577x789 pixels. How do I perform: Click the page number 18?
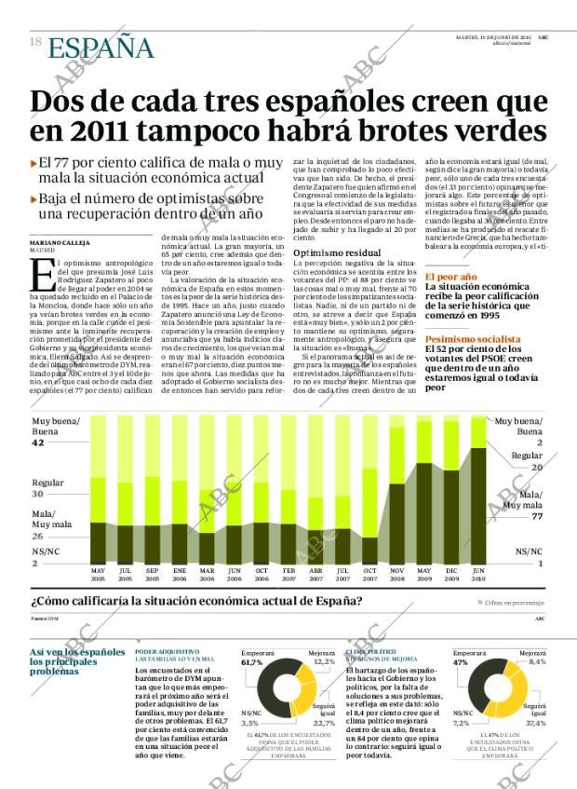34,43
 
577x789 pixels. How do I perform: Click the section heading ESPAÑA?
101,47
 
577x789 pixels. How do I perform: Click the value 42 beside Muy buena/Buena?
37,443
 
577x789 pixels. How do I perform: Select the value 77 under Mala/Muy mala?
537,516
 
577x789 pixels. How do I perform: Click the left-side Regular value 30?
37,495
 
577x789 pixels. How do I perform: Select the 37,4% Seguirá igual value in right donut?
535,723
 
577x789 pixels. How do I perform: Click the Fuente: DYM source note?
45,619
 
